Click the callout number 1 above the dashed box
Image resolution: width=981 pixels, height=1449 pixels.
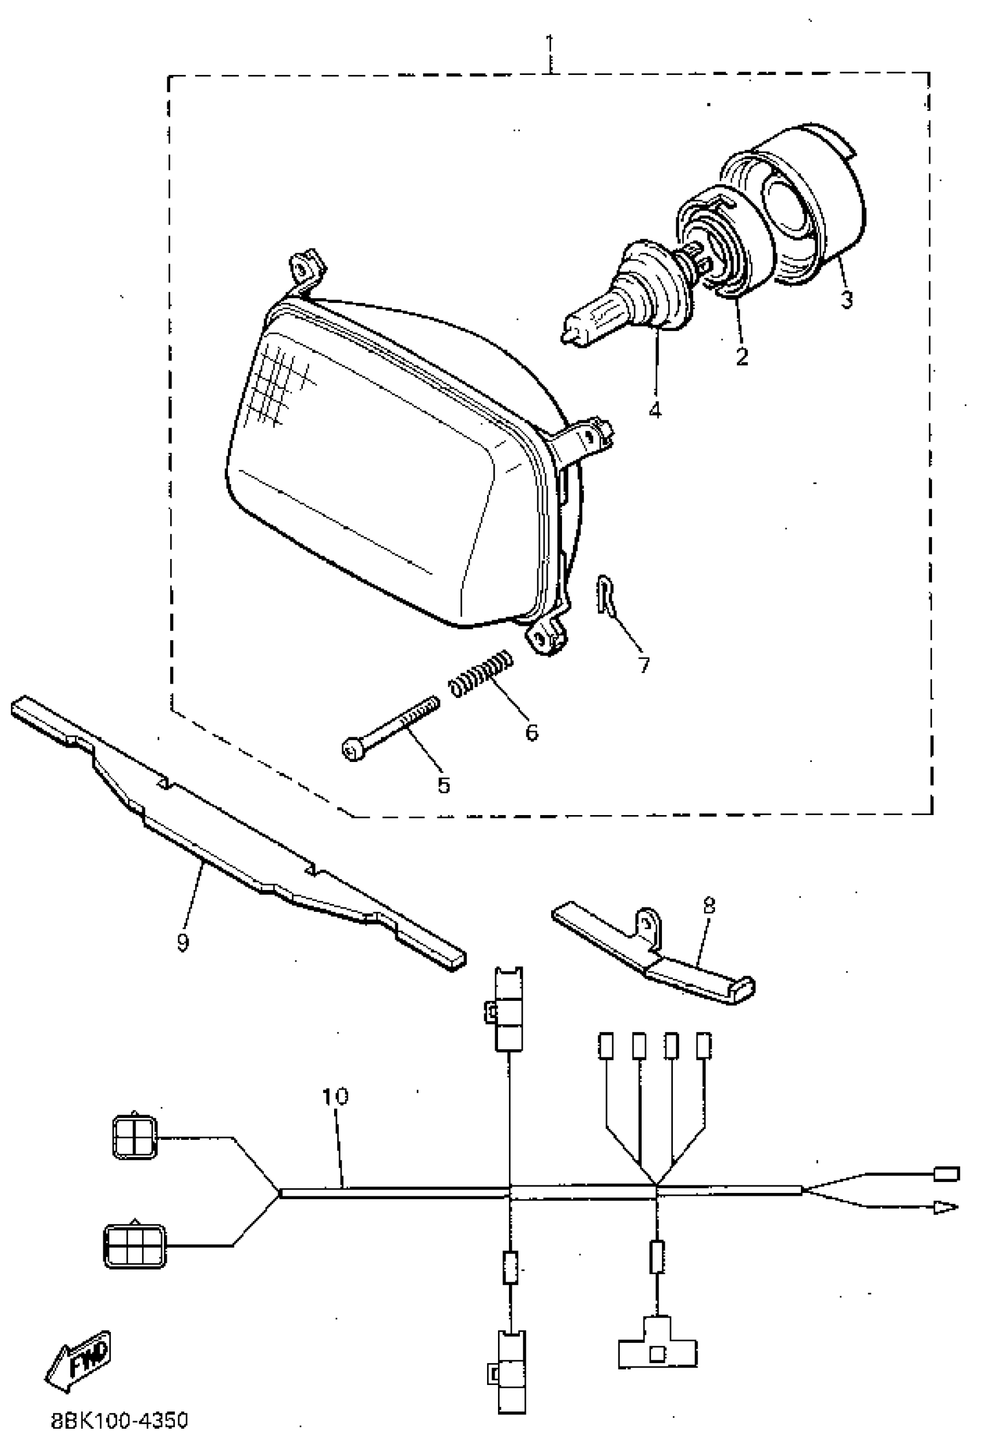click(x=549, y=45)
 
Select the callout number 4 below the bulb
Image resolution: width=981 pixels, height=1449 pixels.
click(x=655, y=410)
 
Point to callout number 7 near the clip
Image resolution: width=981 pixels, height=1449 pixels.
click(x=643, y=665)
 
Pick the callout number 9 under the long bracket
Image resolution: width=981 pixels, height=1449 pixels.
click(x=182, y=942)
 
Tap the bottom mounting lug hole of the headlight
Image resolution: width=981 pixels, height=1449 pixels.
click(x=537, y=637)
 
